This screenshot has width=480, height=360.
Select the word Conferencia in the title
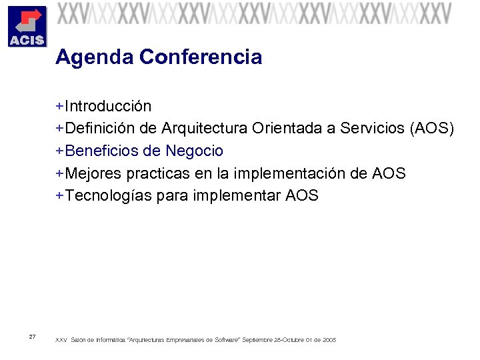201,58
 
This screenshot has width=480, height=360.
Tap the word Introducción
108,107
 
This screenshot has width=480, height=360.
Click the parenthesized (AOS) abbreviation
432,129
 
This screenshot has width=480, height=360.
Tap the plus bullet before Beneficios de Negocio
60,151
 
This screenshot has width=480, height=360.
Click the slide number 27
33,336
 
